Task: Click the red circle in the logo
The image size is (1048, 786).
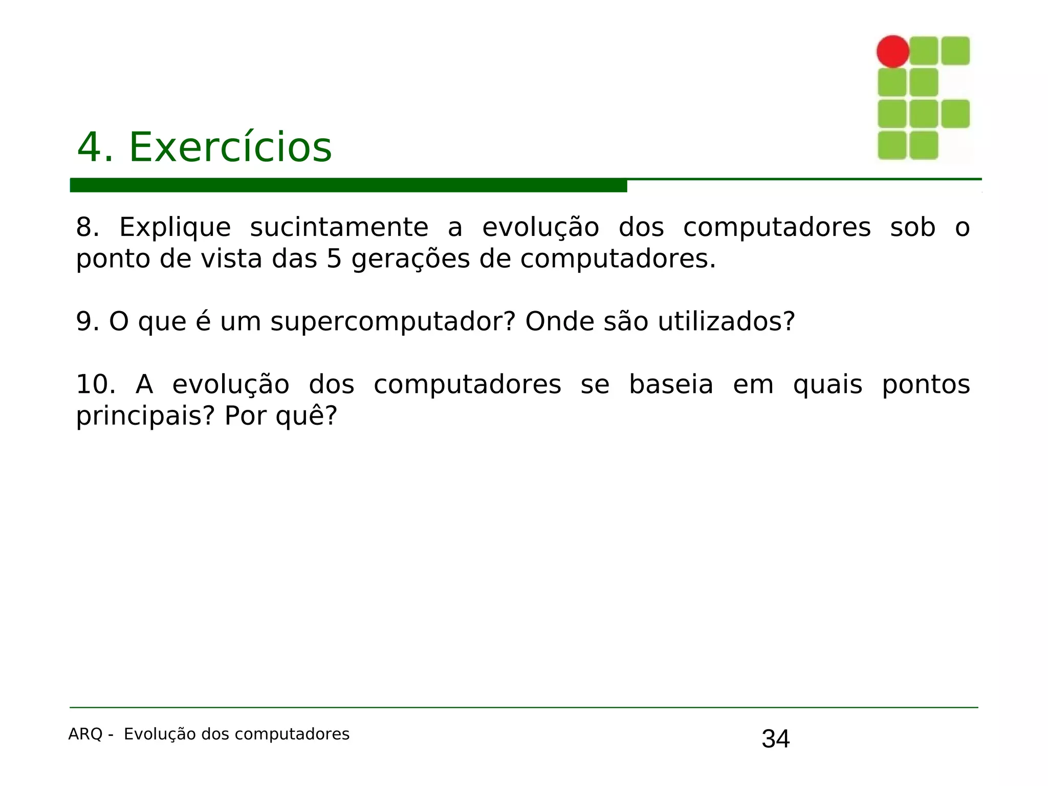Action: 892,51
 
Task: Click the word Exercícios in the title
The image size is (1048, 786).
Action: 230,147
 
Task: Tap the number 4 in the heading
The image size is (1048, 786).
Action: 90,147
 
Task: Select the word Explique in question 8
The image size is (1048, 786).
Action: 175,228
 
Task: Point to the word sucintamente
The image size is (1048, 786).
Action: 339,228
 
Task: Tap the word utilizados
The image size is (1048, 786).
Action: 726,322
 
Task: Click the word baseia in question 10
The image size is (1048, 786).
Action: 671,385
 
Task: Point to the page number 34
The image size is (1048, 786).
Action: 775,739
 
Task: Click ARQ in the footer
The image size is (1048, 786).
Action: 85,734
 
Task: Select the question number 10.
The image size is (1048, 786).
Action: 96,385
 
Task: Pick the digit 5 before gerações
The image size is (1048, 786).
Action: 334,259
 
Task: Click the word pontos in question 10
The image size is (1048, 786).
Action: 926,385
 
